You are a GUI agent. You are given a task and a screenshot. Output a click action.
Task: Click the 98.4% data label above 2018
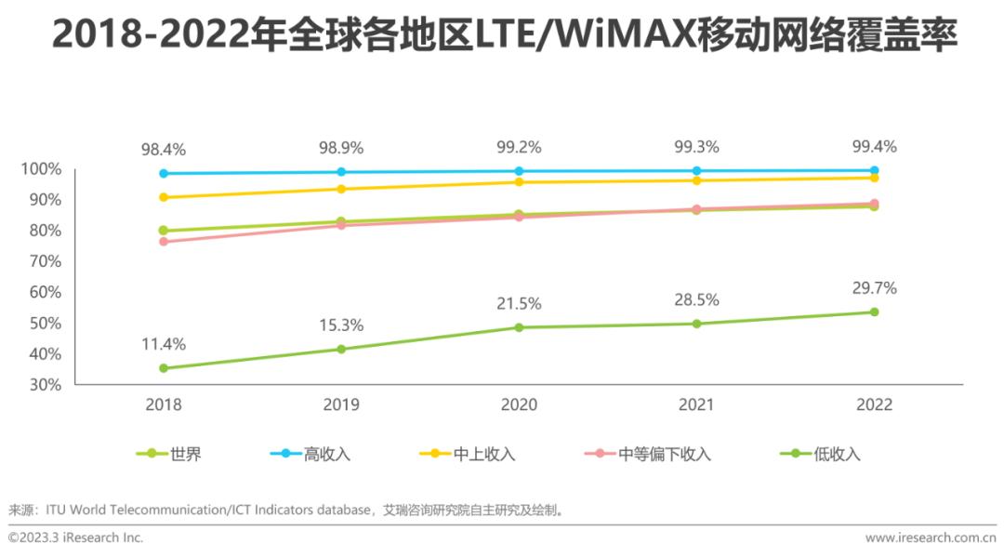click(x=164, y=149)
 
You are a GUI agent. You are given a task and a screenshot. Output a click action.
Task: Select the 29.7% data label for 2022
click(x=874, y=287)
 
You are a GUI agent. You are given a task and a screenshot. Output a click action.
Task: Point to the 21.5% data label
click(x=519, y=303)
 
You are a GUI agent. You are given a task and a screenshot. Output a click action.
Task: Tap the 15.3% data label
click(x=341, y=325)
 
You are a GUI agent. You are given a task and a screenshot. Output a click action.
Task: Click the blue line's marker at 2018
click(x=164, y=173)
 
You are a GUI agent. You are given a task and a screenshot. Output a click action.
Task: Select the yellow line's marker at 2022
click(x=874, y=178)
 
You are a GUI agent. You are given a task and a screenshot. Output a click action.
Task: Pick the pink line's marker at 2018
click(x=164, y=242)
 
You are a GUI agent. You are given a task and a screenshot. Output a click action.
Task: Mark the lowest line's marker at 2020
click(x=519, y=327)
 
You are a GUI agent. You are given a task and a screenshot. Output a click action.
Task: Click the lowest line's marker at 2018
click(x=164, y=368)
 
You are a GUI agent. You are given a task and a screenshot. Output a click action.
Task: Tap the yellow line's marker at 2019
click(x=341, y=189)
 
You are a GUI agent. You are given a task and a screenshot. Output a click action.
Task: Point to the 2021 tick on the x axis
click(x=696, y=404)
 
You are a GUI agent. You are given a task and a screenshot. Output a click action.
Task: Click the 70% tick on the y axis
click(x=41, y=261)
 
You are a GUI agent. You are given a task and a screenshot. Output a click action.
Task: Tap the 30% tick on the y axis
click(x=41, y=384)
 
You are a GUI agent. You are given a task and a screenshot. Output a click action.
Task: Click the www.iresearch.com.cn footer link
click(x=930, y=537)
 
